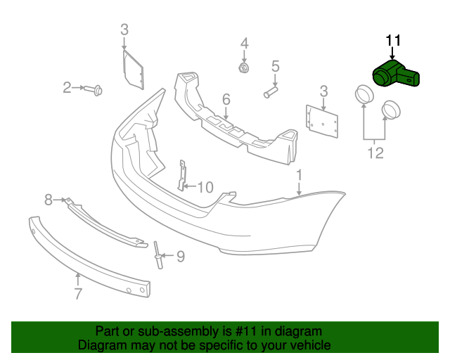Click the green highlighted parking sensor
coord(395,74)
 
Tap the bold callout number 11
coord(392,41)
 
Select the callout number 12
coord(375,153)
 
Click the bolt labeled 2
coord(94,89)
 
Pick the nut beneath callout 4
coord(244,68)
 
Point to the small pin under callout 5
coord(270,92)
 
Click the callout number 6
coord(226,99)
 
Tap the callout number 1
coord(299,175)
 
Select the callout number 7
coord(78,293)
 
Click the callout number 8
coord(49,200)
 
